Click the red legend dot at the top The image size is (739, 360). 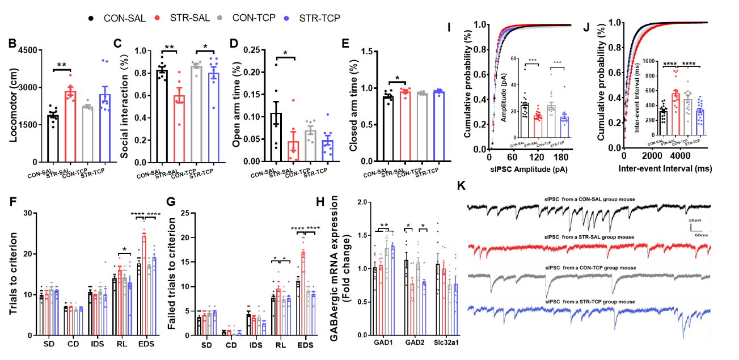point(157,18)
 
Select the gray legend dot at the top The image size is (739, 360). point(219,18)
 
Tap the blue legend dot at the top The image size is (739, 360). point(286,18)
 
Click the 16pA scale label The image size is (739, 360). point(695,220)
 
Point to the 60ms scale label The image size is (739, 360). point(701,235)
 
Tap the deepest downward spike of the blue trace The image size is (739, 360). point(683,337)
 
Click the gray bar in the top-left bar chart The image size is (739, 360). point(87,134)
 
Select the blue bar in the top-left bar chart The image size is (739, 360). point(105,128)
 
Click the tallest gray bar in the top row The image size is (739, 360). point(196,113)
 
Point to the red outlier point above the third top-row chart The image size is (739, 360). point(293,100)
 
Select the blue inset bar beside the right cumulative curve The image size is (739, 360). point(700,122)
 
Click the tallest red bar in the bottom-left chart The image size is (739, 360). point(144,283)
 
